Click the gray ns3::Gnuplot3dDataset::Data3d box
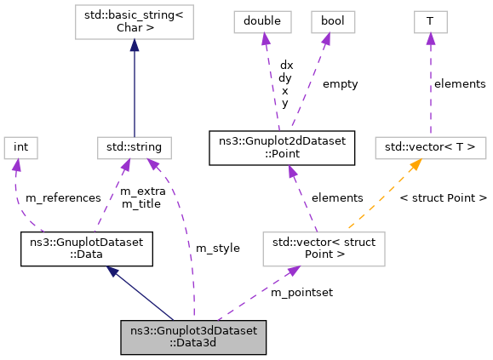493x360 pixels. (193, 337)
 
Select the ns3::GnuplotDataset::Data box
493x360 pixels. (86, 249)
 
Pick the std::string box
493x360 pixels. (134, 147)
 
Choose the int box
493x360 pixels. (21, 147)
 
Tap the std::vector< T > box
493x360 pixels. (430, 147)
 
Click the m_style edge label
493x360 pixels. (218, 248)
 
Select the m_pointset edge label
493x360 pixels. (301, 292)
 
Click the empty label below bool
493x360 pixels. (340, 84)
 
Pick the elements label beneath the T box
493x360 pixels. (460, 83)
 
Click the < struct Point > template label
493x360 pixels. (443, 197)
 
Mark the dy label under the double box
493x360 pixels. (284, 77)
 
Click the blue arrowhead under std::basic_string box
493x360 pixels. (134, 44)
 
